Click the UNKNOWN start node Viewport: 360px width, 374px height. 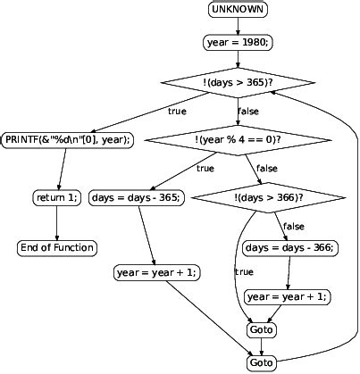pyautogui.click(x=238, y=10)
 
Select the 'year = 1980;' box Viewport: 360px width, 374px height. pyautogui.click(x=238, y=41)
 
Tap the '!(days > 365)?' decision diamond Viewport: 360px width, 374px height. pyautogui.click(x=238, y=82)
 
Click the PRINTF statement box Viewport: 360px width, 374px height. pyautogui.click(x=69, y=139)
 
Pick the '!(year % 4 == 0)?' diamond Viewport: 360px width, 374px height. pyautogui.click(x=238, y=139)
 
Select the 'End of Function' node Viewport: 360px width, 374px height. pyautogui.click(x=57, y=247)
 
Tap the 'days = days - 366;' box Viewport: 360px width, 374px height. pyautogui.click(x=290, y=247)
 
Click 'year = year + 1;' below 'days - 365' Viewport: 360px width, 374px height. pyautogui.click(x=157, y=272)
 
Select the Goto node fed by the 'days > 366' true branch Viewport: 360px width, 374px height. pyautogui.click(x=262, y=330)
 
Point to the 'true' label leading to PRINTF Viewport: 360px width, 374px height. pyautogui.click(x=178, y=111)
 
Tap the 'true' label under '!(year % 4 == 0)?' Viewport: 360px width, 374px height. pyautogui.click(x=205, y=168)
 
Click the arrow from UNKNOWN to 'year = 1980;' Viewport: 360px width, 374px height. pyautogui.click(x=238, y=25)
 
